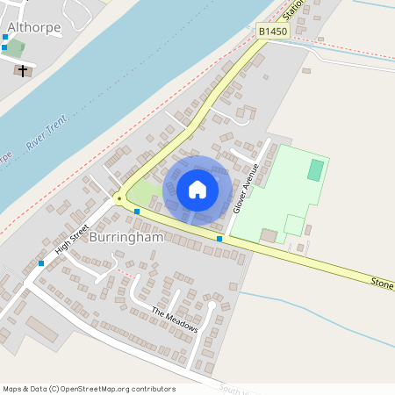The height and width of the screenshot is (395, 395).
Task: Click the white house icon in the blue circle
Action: [197, 189]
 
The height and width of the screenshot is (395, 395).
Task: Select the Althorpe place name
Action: [33, 27]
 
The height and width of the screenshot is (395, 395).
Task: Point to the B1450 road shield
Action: [273, 32]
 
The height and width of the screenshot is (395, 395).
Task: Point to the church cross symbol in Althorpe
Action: [22, 71]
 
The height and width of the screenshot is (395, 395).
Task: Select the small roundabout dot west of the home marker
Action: [118, 198]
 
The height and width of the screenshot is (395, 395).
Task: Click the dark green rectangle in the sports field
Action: [314, 170]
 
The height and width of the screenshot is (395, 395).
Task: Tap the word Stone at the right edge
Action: [382, 283]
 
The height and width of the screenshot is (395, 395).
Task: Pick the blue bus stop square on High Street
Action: [41, 262]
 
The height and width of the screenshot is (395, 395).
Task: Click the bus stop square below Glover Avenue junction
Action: [219, 239]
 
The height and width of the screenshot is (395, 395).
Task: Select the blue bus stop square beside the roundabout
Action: [137, 212]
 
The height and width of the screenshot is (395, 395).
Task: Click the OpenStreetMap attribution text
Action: [89, 389]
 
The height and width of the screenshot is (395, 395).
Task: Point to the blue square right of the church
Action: [4, 38]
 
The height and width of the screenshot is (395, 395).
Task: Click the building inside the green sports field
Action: [269, 235]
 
